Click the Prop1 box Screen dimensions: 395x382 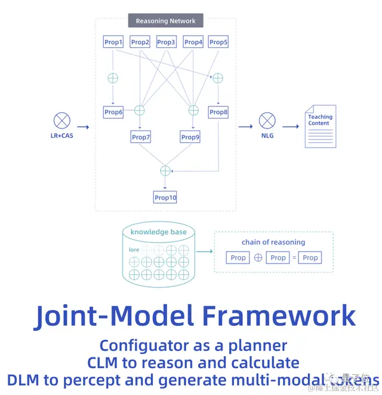[113, 42]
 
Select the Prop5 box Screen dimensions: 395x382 [218, 42]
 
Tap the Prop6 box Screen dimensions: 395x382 [113, 112]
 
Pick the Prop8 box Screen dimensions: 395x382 [218, 112]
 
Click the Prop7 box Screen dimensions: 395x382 [141, 137]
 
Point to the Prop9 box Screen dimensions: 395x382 [190, 137]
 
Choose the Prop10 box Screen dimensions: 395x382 [165, 197]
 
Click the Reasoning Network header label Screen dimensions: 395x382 [165, 21]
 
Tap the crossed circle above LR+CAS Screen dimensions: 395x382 [61, 121]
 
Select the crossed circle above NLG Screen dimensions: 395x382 [266, 121]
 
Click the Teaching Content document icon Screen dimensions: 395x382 [321, 126]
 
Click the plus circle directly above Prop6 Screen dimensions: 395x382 [113, 78]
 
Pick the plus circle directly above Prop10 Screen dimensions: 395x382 [165, 171]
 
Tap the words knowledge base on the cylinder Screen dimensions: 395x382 [159, 232]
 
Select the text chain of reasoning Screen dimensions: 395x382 [273, 242]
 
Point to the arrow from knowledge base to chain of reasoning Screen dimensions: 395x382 [205, 252]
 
